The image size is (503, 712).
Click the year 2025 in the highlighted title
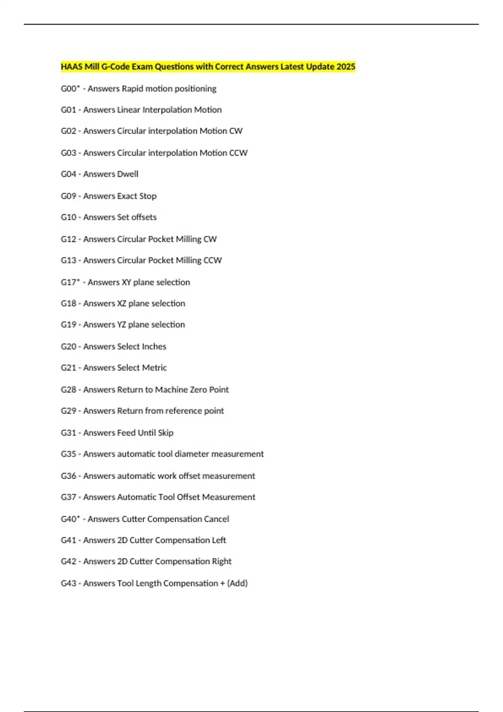(x=346, y=67)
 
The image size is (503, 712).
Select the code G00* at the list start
(x=70, y=88)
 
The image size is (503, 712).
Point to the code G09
(x=68, y=196)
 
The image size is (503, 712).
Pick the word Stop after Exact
(x=148, y=196)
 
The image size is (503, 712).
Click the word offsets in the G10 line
(x=144, y=217)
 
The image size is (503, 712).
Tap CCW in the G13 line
(x=213, y=260)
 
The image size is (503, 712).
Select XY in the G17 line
(x=126, y=282)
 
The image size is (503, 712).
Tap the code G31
(x=68, y=433)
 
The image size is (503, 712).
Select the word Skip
(x=166, y=433)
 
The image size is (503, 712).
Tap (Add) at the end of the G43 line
(x=237, y=583)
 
